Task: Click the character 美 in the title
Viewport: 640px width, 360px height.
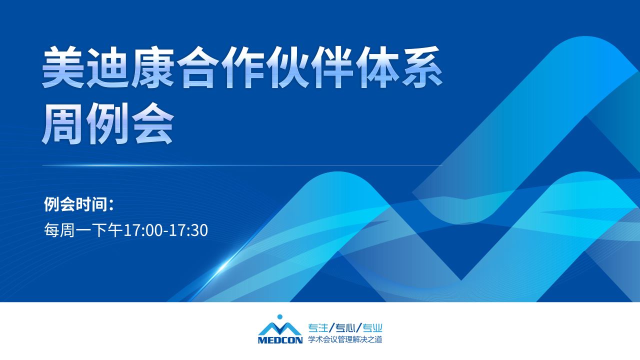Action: coord(63,67)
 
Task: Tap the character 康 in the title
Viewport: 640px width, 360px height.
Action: coord(152,67)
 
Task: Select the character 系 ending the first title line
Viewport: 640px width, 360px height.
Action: coord(421,67)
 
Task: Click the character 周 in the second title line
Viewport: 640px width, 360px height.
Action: coord(63,123)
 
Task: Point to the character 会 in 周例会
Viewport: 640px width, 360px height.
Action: coord(152,123)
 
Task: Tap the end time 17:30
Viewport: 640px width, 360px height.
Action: coord(188,230)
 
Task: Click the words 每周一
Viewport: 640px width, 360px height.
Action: coord(67,230)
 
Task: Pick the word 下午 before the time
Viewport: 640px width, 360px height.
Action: coord(107,230)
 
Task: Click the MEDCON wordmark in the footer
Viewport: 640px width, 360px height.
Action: coord(280,340)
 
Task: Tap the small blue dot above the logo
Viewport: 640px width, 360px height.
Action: coord(280,316)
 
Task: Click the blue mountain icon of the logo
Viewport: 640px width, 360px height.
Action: coord(280,329)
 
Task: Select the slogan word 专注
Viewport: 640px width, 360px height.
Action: coord(318,328)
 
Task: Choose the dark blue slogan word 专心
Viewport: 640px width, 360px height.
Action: coord(345,328)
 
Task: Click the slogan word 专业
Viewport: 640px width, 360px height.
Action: coord(372,328)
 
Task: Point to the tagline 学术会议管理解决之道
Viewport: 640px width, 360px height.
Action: coord(345,339)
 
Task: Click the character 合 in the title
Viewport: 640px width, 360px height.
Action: coord(197,67)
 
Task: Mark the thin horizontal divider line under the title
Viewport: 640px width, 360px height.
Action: coord(242,165)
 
